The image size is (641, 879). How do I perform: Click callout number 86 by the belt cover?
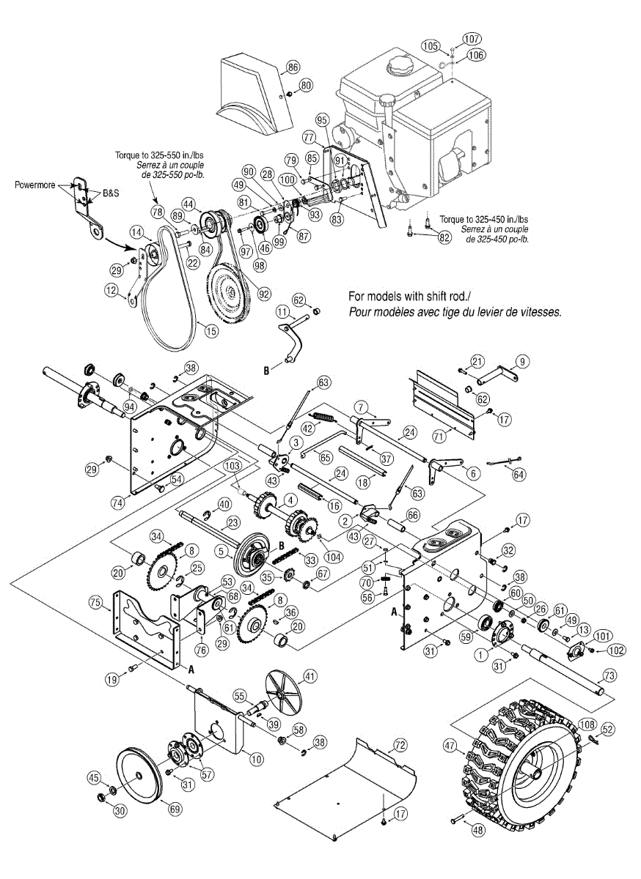(x=293, y=67)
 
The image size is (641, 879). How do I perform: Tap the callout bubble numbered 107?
(x=471, y=39)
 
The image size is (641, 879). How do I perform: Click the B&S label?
(x=110, y=193)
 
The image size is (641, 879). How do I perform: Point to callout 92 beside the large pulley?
(x=264, y=294)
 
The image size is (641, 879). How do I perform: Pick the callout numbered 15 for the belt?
(x=211, y=331)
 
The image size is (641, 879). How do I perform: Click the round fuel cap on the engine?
(x=402, y=67)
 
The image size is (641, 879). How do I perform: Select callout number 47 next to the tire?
(x=450, y=747)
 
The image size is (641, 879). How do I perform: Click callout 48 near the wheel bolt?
(x=477, y=831)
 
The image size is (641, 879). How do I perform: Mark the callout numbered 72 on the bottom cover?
(x=400, y=745)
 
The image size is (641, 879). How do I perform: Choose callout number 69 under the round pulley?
(x=175, y=809)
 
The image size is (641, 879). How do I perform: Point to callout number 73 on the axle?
(x=608, y=675)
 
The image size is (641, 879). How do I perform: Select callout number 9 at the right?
(x=521, y=360)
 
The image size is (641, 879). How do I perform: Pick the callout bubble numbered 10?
(x=256, y=760)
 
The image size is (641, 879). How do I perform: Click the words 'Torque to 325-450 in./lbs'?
(x=485, y=219)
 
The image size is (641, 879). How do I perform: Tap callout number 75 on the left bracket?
(x=95, y=603)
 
